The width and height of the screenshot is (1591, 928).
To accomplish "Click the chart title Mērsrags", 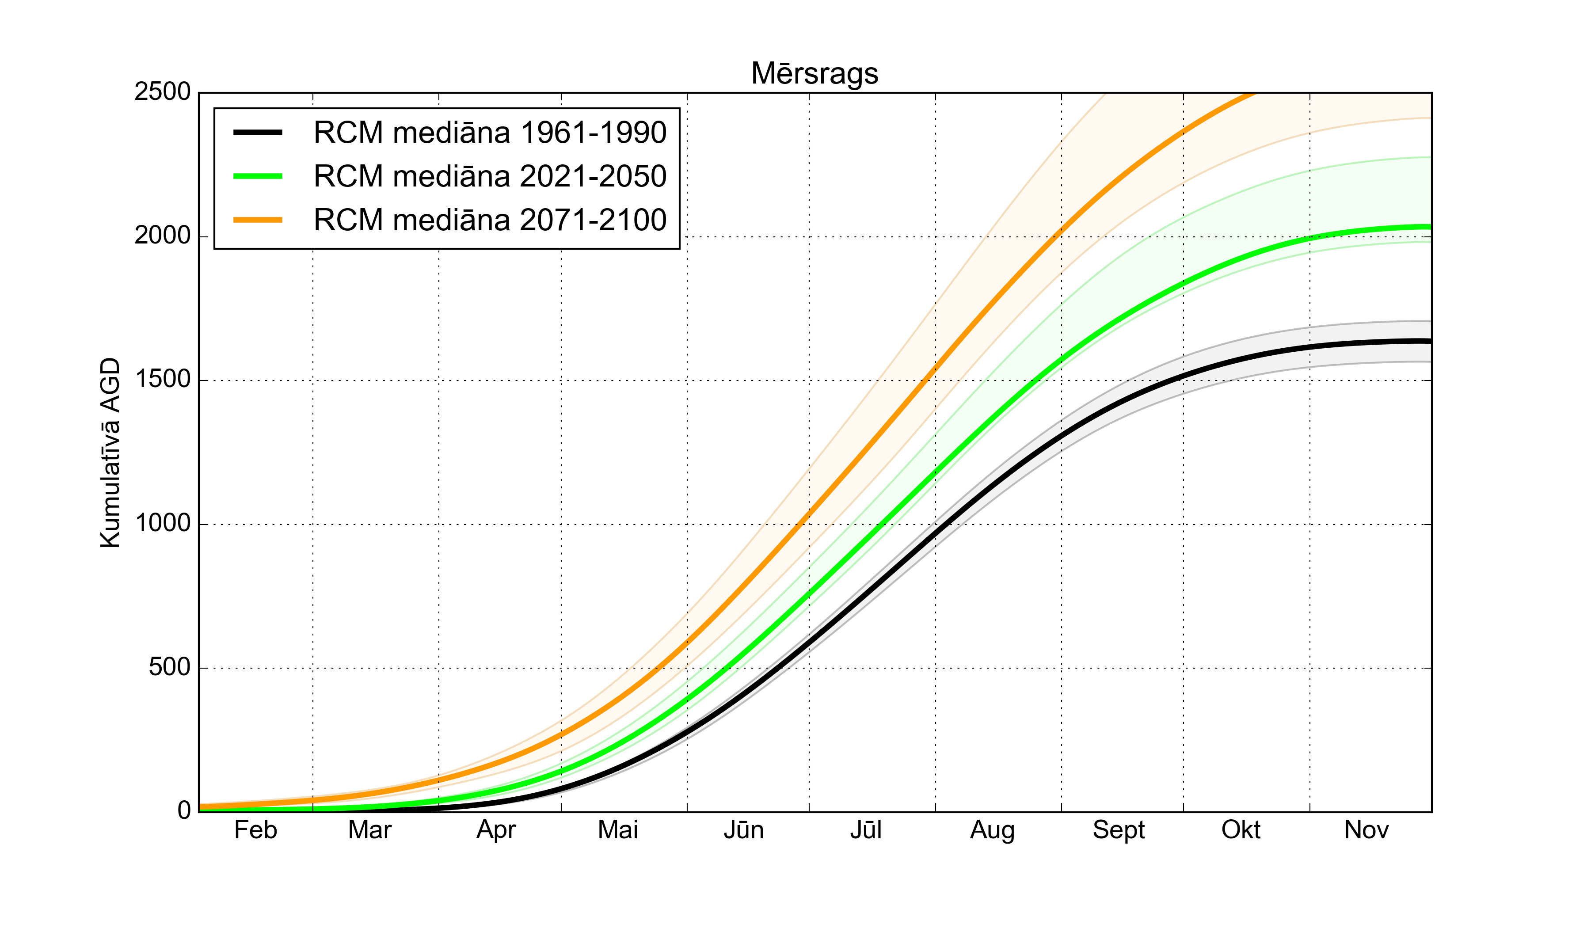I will point(815,74).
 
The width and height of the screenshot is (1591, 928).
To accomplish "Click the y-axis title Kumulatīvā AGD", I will point(110,453).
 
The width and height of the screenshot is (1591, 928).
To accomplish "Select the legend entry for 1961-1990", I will point(490,133).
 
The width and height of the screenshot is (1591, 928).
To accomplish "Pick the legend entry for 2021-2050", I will point(490,176).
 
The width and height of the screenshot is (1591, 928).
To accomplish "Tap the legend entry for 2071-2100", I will point(490,220).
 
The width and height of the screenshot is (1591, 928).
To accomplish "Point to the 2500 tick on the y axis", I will point(162,92).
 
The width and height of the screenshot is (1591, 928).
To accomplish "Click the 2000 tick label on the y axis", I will point(162,236).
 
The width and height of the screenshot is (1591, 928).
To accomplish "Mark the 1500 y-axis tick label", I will point(162,380).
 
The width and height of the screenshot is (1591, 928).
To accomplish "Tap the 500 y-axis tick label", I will point(169,667).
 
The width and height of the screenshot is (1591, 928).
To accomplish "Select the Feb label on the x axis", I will point(256,830).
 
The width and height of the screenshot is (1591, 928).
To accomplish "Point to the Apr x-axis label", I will point(496,830).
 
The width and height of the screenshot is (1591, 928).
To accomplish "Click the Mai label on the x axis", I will point(618,830).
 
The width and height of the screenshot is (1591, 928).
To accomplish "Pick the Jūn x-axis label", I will point(744,830).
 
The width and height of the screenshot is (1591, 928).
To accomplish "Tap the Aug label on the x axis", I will point(993,830).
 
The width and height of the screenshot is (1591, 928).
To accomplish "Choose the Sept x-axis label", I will point(1119,830).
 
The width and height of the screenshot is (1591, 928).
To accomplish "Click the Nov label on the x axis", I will point(1366,830).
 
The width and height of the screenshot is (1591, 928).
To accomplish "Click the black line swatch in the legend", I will point(258,133).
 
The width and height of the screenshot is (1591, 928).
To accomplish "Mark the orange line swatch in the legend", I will point(258,220).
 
